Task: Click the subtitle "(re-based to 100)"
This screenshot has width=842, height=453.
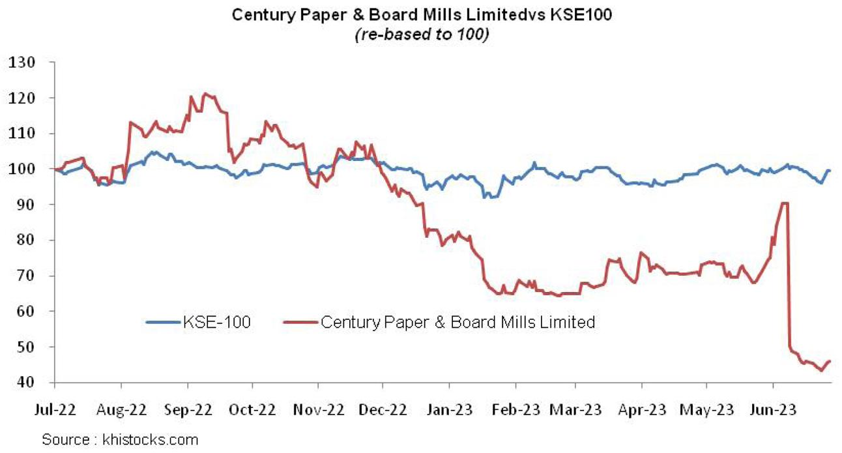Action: [421, 35]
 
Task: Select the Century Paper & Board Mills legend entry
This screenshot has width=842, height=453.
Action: [457, 321]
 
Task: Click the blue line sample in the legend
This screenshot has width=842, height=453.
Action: [163, 321]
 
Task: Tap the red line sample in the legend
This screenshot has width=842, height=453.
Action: [301, 321]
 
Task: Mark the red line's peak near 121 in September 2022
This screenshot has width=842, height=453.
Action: [206, 94]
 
